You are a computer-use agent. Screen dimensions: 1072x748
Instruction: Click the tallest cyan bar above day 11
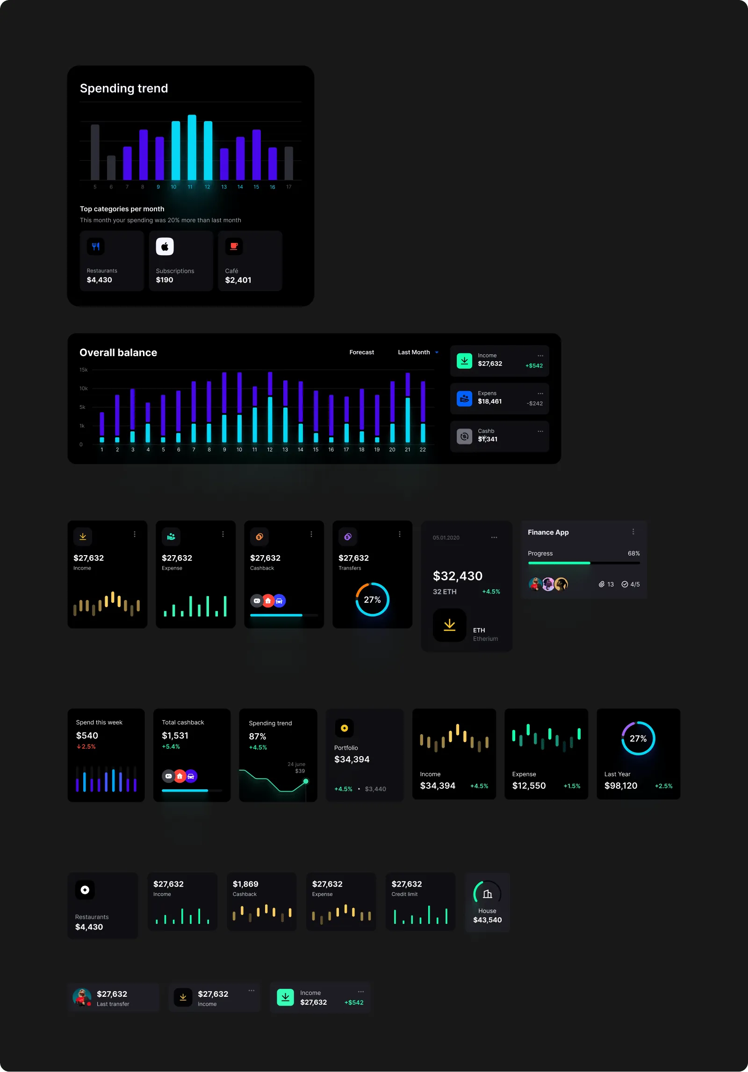192,147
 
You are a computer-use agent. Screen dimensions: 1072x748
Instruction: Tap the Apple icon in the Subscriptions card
165,246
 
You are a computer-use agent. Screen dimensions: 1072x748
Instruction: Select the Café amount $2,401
238,280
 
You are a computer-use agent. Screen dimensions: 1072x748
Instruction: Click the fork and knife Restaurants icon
96,246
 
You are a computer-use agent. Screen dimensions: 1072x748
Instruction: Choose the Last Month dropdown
417,352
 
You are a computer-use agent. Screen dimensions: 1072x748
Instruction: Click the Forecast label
361,352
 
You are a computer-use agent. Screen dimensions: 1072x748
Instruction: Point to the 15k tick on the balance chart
83,370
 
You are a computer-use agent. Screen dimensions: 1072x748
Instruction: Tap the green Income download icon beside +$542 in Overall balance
464,361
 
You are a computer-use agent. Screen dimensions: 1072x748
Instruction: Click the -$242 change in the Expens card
534,403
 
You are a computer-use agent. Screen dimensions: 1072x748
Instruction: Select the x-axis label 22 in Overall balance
423,450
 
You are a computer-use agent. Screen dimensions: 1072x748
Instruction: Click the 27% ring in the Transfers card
372,600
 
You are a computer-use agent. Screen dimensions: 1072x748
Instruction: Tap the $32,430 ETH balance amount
457,576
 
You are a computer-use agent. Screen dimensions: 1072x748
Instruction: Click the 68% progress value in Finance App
633,553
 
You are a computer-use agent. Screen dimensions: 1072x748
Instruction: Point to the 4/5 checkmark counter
631,584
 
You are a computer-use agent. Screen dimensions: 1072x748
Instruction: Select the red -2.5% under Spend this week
86,747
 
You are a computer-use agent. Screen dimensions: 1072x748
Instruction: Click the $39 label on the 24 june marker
300,771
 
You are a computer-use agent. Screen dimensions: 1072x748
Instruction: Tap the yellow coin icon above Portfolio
344,728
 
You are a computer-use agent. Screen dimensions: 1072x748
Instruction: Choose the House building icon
487,894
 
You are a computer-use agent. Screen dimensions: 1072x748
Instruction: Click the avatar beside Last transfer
82,997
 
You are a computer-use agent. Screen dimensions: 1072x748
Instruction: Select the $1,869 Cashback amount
245,884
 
